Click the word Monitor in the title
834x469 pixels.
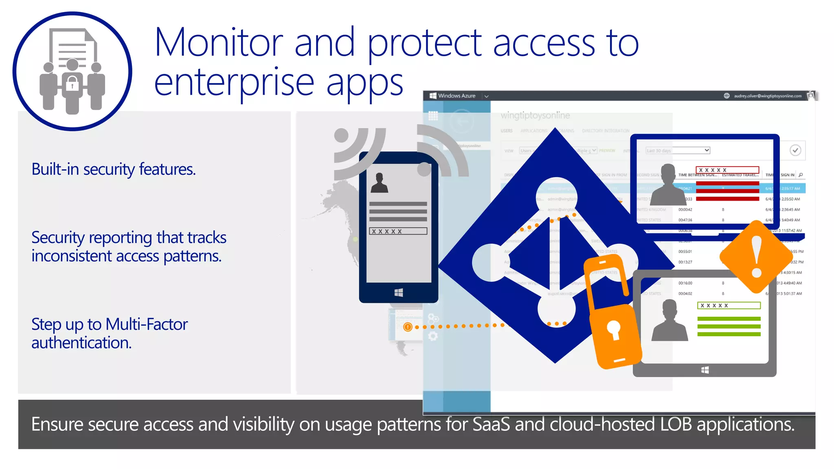tap(219, 42)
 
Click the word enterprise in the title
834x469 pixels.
tap(234, 83)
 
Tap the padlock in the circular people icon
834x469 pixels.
tap(72, 85)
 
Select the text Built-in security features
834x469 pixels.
tap(114, 169)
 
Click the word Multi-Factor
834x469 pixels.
tap(147, 324)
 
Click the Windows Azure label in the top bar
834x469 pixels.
tap(457, 96)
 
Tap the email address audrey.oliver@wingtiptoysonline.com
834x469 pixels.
tap(767, 96)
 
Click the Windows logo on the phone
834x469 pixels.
tap(399, 292)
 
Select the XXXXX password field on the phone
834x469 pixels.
tap(398, 231)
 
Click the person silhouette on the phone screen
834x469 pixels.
tap(380, 183)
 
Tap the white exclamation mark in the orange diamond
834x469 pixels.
tap(756, 256)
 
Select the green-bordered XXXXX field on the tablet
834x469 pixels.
tap(729, 305)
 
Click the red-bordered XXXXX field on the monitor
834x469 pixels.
tap(727, 170)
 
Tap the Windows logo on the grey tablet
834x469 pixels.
tap(705, 370)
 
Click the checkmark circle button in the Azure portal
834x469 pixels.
tap(795, 150)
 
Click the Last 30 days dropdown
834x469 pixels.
tap(678, 150)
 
